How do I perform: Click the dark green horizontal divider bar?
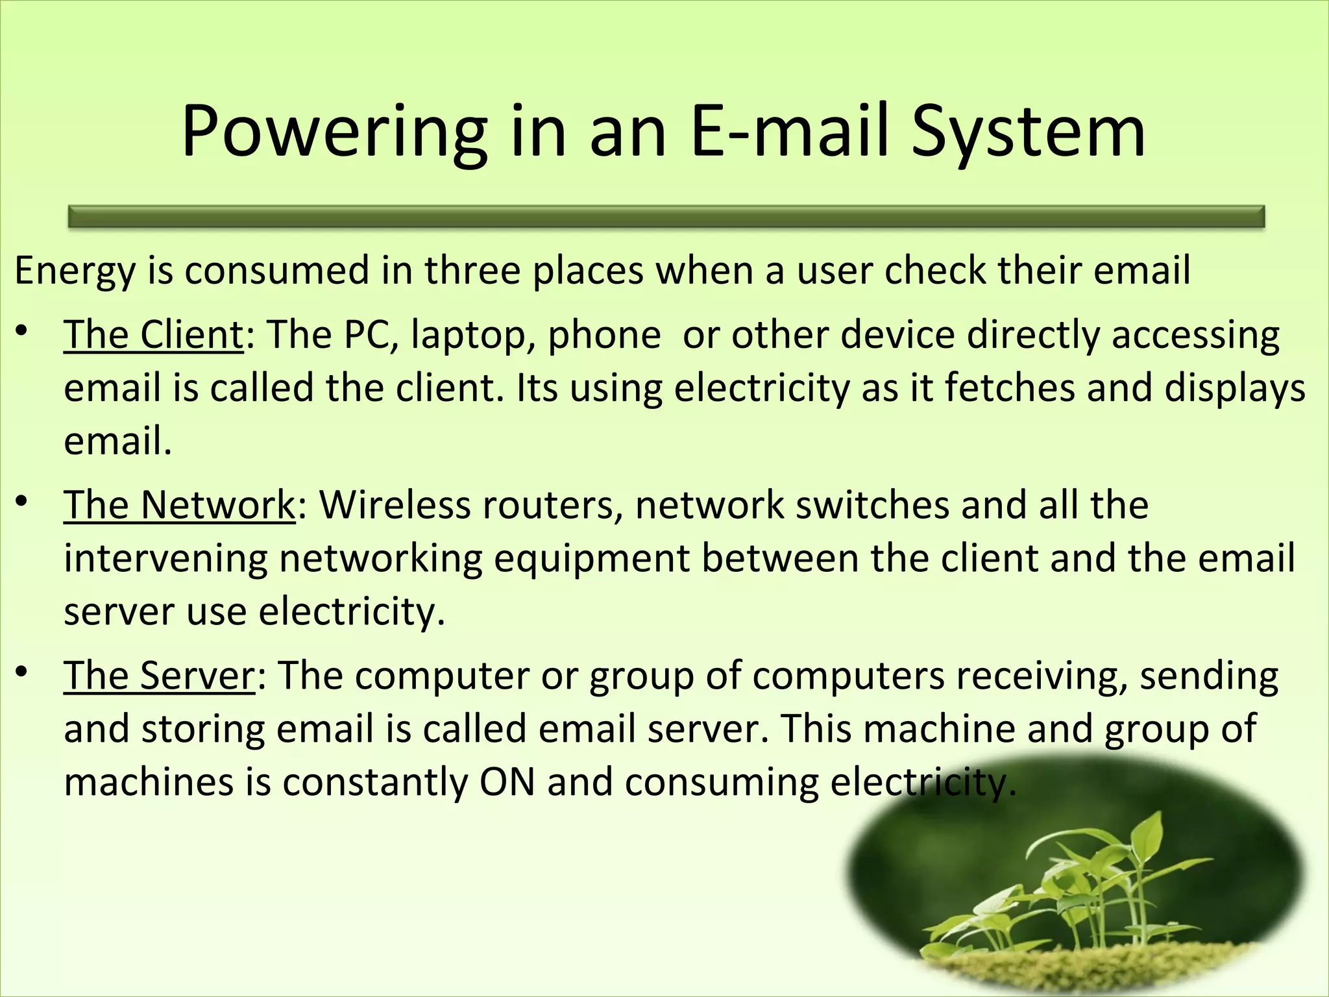[x=666, y=217]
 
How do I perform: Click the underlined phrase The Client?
[x=153, y=336]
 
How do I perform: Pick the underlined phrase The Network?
[x=179, y=506]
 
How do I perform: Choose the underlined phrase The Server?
[x=160, y=676]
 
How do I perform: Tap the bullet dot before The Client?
[x=22, y=332]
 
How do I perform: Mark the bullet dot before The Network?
[x=22, y=502]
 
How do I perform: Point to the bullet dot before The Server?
[x=22, y=672]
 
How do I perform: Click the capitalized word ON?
[x=507, y=782]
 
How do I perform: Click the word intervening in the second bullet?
[x=165, y=559]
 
